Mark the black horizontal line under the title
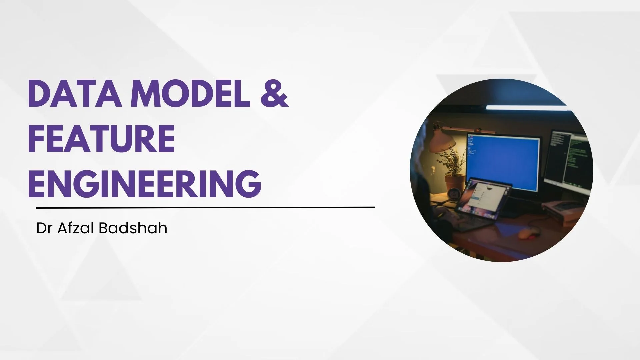point(205,208)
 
